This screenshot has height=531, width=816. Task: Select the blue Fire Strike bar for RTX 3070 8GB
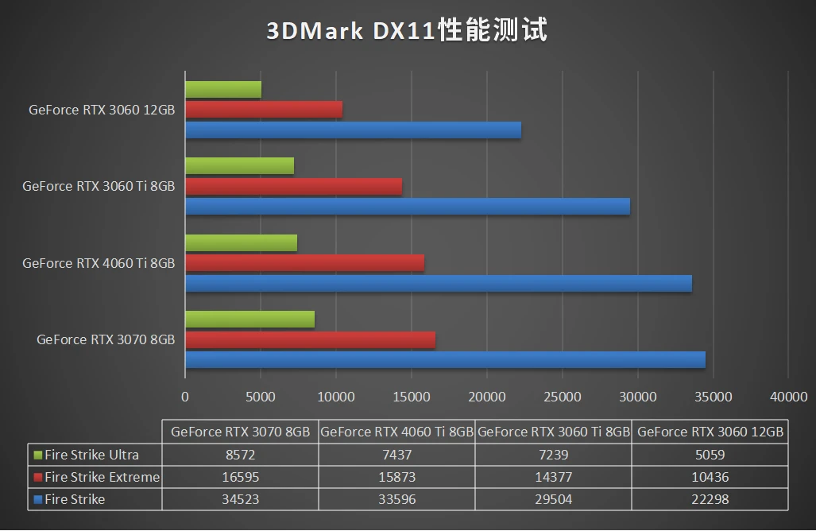pyautogui.click(x=446, y=360)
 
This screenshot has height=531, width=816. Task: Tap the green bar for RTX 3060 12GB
pyautogui.click(x=223, y=90)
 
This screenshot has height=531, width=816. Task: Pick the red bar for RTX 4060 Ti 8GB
pyautogui.click(x=305, y=263)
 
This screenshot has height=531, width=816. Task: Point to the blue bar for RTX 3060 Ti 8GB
pyautogui.click(x=408, y=207)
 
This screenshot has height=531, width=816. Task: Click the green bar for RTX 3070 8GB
pyautogui.click(x=250, y=319)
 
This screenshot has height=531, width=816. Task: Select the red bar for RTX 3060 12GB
pyautogui.click(x=264, y=110)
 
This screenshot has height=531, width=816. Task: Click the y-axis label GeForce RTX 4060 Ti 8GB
pyautogui.click(x=99, y=263)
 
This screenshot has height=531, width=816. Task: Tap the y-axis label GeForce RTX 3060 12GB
pyautogui.click(x=102, y=110)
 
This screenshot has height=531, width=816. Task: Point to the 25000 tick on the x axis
pyautogui.click(x=562, y=397)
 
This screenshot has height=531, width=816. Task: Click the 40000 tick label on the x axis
pyautogui.click(x=788, y=397)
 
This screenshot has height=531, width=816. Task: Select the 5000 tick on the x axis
pyautogui.click(x=260, y=397)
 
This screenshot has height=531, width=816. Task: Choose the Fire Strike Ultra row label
pyautogui.click(x=91, y=455)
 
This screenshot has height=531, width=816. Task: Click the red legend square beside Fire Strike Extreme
pyautogui.click(x=38, y=477)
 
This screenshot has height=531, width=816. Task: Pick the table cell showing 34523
pyautogui.click(x=241, y=499)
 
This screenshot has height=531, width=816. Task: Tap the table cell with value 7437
pyautogui.click(x=397, y=455)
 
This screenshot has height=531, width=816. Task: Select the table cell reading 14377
pyautogui.click(x=553, y=477)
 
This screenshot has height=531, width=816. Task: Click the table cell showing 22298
pyautogui.click(x=710, y=499)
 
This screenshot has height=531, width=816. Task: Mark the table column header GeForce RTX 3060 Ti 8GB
pyautogui.click(x=553, y=432)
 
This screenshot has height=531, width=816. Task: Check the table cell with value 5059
pyautogui.click(x=710, y=455)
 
